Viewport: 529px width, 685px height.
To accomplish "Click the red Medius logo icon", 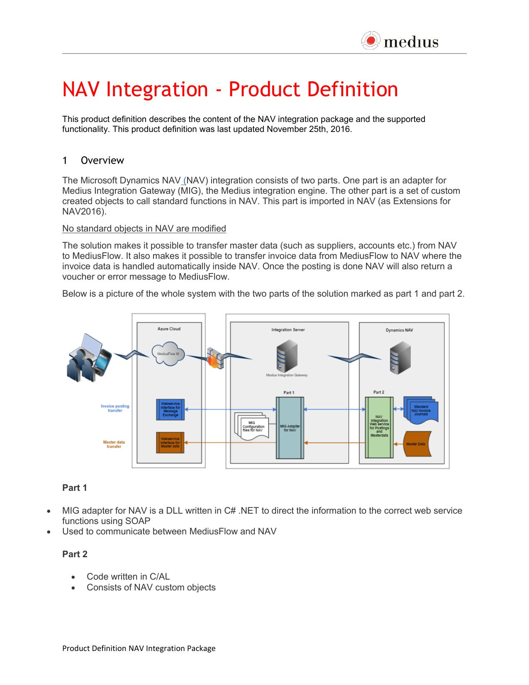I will (x=371, y=41).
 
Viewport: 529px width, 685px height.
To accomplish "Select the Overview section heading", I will (x=102, y=161).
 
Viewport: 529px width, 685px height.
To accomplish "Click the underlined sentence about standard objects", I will (x=144, y=229).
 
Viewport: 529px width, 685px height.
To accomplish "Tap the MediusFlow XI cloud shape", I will (x=168, y=354).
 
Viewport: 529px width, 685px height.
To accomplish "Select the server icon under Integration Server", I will (x=287, y=356).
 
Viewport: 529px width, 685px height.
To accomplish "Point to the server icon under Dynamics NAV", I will (x=400, y=357).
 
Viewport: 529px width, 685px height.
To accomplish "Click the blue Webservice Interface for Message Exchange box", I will (x=170, y=410).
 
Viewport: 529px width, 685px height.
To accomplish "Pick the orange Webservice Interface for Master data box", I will (x=170, y=443).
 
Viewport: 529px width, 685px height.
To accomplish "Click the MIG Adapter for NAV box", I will (x=290, y=428).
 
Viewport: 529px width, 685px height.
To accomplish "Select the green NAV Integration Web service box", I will (x=379, y=427).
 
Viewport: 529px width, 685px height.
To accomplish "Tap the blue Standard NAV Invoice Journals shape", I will (x=421, y=410).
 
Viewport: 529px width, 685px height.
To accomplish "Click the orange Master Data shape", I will (x=417, y=444).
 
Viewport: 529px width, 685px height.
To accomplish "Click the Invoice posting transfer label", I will (x=115, y=408).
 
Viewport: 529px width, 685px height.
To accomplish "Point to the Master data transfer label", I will (x=114, y=444).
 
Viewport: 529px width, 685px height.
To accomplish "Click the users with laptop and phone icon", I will (x=89, y=358).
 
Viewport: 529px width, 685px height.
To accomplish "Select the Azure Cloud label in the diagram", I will (x=169, y=329).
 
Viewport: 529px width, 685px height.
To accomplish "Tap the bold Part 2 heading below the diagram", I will (x=75, y=554).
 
